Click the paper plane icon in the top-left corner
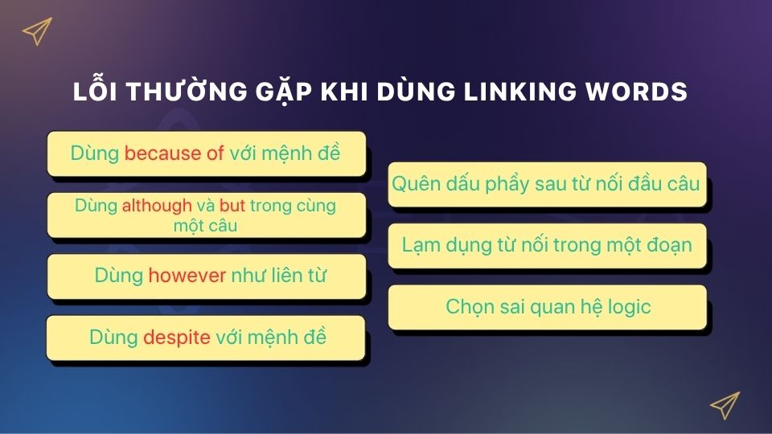37,31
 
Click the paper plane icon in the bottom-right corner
725,405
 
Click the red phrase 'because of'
174,153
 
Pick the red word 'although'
157,205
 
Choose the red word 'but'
232,205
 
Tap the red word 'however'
187,276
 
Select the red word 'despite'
177,338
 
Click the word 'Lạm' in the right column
421,245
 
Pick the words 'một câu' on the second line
205,226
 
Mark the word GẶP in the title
283,92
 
